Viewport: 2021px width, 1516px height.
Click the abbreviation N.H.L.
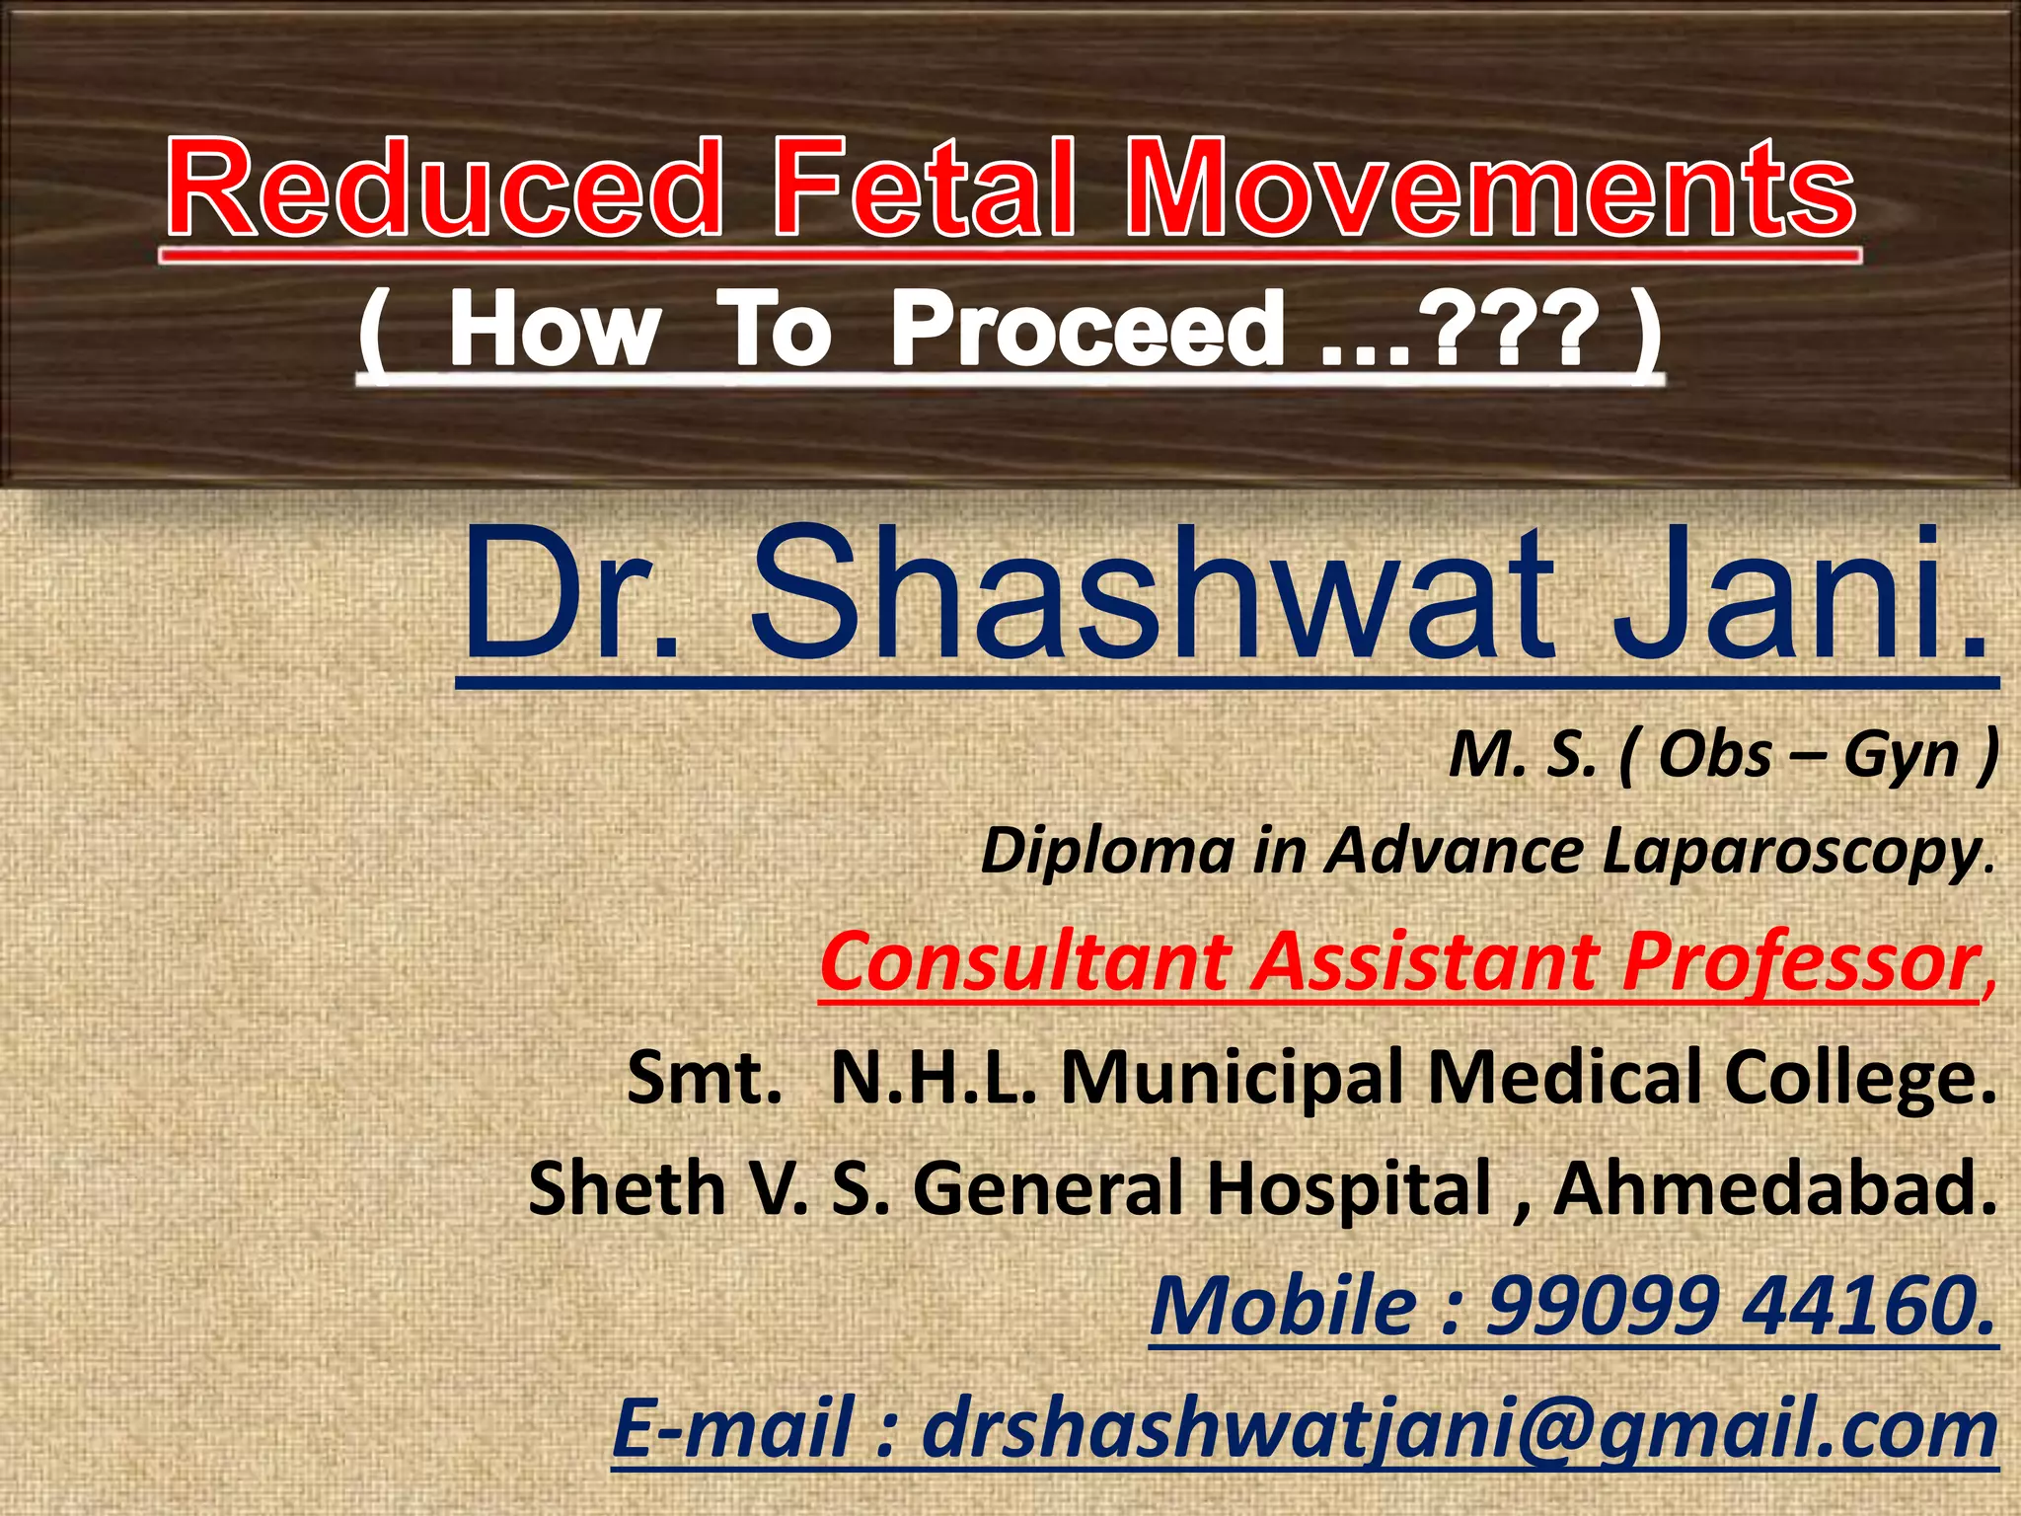pyautogui.click(x=934, y=1078)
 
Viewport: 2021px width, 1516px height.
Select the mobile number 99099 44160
pyautogui.click(x=1742, y=1306)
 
